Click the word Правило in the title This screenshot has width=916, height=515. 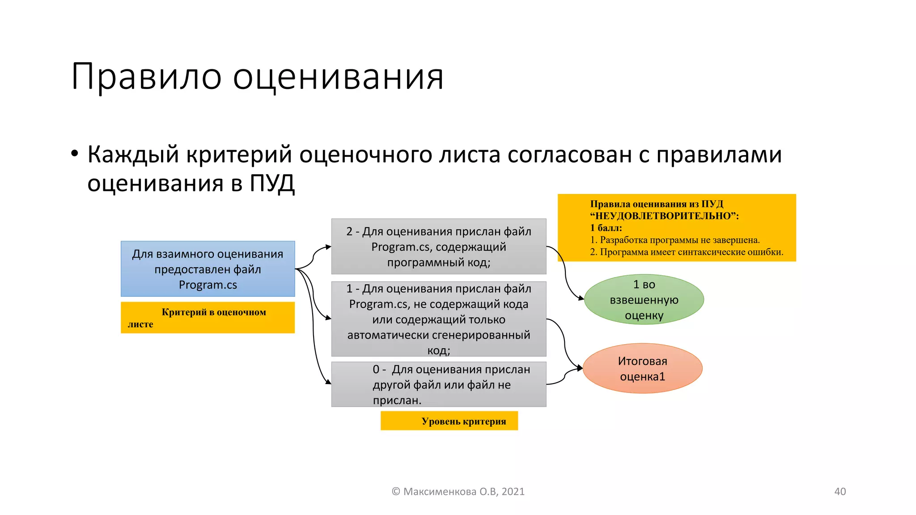point(146,76)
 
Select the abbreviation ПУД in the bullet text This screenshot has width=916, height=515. point(272,183)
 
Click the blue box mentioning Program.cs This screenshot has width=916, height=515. point(208,269)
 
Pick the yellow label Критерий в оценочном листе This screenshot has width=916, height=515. point(208,317)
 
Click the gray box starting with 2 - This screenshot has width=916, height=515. point(438,246)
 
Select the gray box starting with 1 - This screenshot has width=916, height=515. point(438,319)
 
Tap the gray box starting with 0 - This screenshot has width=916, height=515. point(438,384)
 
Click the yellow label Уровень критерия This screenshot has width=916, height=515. point(450,421)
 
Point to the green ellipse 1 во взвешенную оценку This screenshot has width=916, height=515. point(644,300)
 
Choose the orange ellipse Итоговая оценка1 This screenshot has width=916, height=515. point(642,368)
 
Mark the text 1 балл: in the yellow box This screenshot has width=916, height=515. point(606,228)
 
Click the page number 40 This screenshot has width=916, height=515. point(840,491)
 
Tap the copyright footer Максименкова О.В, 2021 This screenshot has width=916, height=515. point(458,491)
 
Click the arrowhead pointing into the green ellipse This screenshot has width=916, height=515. point(581,298)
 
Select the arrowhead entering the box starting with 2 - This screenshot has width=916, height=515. point(328,247)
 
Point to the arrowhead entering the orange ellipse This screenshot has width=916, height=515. point(580,368)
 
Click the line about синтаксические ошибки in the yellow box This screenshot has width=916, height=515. point(687,252)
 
